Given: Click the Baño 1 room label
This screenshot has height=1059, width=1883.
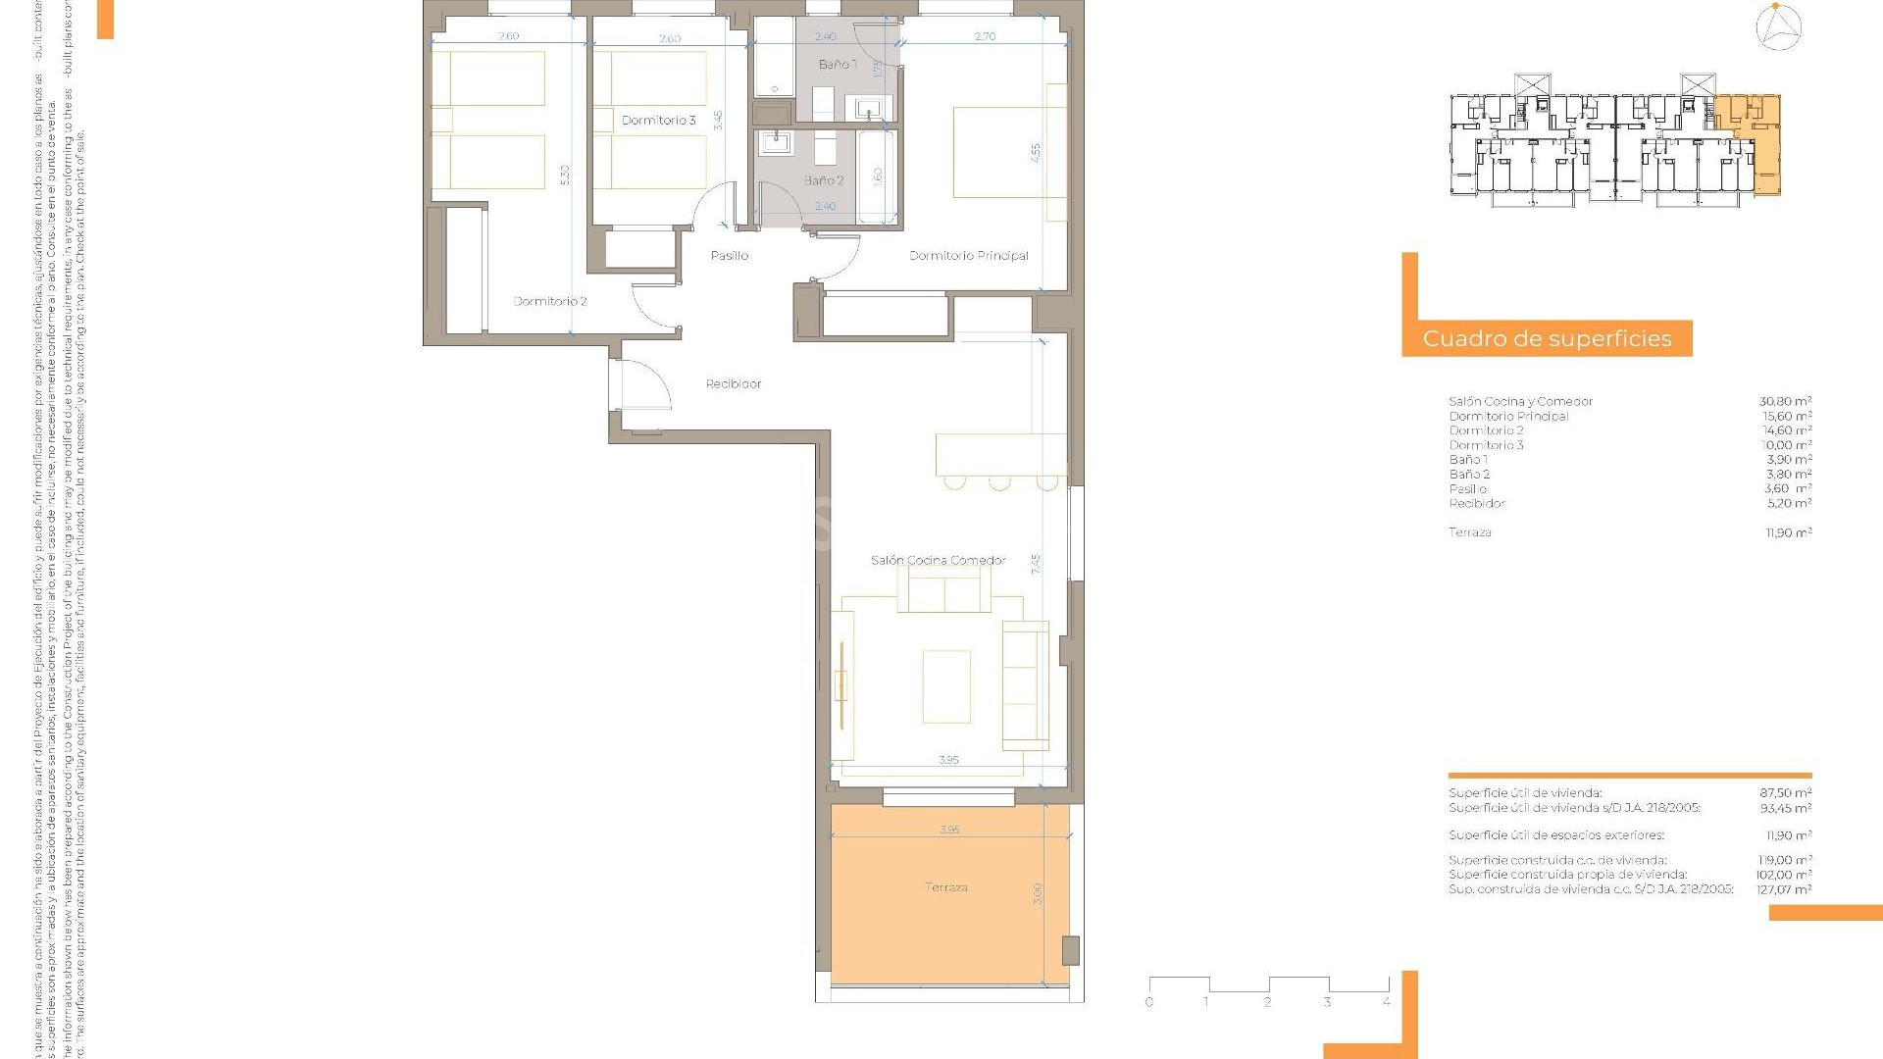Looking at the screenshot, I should [x=837, y=65].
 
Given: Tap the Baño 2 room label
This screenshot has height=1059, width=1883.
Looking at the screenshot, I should [x=823, y=180].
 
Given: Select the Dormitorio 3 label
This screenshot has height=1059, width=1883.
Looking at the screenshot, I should [x=658, y=121].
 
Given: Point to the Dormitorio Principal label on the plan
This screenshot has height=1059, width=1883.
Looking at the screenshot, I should [x=968, y=256].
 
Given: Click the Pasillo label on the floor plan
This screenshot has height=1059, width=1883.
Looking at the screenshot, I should [x=729, y=256].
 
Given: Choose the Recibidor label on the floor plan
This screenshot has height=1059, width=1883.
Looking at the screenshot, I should [x=733, y=384].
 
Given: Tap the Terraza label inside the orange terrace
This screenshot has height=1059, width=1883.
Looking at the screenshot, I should [x=945, y=887].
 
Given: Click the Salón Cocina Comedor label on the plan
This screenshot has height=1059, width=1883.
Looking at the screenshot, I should [x=938, y=561].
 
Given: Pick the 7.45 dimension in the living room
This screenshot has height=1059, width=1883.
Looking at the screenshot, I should [x=1036, y=564].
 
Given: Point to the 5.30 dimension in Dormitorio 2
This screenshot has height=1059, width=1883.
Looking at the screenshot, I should [x=564, y=175].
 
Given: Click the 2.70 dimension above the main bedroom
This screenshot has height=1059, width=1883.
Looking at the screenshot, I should [x=985, y=37].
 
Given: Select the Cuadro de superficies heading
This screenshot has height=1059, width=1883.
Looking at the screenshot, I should [x=1547, y=339].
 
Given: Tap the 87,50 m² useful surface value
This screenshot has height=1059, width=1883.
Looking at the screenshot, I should [x=1785, y=793].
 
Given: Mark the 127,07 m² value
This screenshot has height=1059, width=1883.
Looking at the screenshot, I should [x=1785, y=889].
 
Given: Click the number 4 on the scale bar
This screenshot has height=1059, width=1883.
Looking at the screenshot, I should [x=1386, y=1002].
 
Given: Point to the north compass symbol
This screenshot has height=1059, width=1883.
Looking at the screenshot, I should [x=1778, y=26].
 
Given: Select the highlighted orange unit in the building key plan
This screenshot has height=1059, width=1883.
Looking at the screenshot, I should [x=1749, y=142].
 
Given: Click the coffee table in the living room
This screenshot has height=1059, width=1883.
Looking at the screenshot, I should [x=945, y=686].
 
